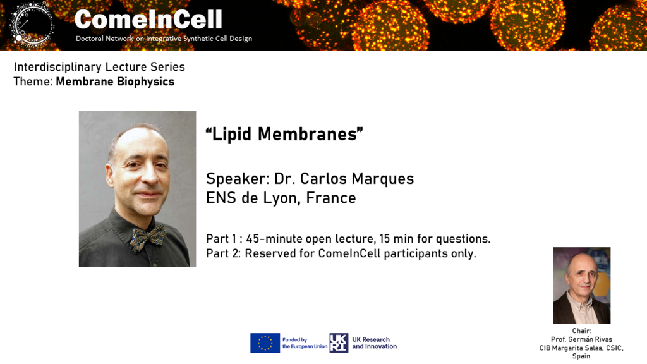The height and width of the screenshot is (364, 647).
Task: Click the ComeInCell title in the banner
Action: [148, 20]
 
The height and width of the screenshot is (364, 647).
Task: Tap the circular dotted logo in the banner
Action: [32, 23]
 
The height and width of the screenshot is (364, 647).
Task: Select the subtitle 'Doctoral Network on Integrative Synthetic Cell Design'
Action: [164, 39]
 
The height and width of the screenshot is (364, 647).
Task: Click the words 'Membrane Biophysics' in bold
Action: [115, 82]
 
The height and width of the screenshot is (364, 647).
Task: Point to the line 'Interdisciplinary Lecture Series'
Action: [99, 66]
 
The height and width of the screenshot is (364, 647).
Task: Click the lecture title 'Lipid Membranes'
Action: [284, 134]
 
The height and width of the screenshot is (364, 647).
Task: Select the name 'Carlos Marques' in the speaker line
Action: [357, 178]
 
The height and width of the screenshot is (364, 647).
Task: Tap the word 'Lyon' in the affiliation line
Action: [280, 198]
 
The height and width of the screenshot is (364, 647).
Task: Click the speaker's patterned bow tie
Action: [148, 238]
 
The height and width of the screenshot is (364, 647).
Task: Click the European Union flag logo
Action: [265, 343]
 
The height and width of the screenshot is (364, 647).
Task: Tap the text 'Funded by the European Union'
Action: [305, 343]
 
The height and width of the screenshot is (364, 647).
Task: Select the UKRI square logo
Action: [339, 343]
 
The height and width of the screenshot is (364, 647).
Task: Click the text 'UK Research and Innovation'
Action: [374, 343]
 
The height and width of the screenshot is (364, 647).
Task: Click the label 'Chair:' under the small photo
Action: [581, 331]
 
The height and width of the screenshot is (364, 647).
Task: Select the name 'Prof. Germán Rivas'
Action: [581, 339]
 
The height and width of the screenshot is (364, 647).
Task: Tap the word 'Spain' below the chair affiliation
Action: [581, 356]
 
